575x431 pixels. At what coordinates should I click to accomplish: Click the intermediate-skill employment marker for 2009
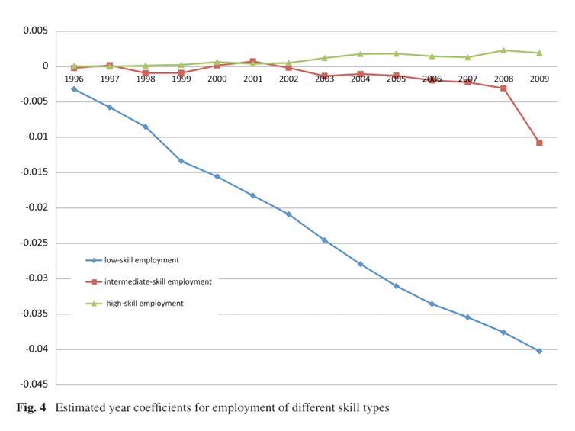click(539, 143)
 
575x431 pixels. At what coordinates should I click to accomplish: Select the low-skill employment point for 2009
click(539, 351)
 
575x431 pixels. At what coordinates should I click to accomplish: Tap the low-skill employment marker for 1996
click(74, 89)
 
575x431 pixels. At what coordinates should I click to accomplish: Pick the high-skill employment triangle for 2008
click(503, 50)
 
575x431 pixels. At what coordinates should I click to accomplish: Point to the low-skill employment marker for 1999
click(181, 161)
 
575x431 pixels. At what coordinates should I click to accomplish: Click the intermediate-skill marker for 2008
click(503, 88)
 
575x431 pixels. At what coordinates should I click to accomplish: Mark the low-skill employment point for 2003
click(324, 240)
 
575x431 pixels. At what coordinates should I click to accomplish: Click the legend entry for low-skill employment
click(141, 260)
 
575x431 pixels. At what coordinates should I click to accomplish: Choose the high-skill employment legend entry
click(145, 303)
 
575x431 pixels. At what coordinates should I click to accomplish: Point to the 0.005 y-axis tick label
click(34, 31)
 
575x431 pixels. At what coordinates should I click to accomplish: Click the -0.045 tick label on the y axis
click(31, 384)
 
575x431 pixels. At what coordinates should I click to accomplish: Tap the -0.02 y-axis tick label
click(34, 207)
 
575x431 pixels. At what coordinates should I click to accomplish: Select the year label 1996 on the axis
click(74, 79)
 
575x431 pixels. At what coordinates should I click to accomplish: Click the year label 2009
click(539, 79)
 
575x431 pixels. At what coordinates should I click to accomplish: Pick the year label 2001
click(252, 79)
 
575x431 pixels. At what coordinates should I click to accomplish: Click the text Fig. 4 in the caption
click(31, 408)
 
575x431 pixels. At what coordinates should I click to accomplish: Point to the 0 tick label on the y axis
click(46, 66)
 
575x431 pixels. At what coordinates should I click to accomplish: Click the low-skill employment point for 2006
click(432, 304)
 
